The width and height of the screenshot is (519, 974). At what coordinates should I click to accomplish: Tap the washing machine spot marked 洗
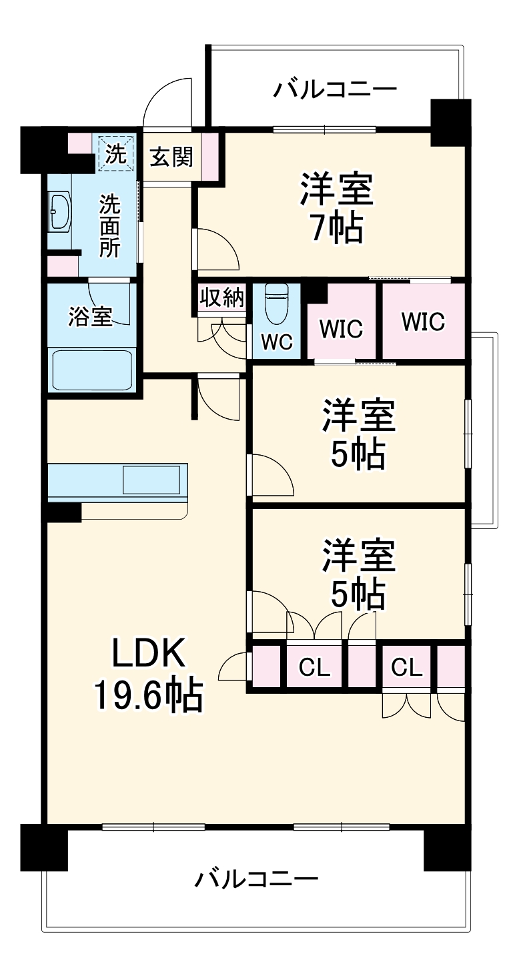point(115,154)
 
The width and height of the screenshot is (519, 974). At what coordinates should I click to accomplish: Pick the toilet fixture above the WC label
point(276,304)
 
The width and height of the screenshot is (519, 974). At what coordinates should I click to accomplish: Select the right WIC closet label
point(423,322)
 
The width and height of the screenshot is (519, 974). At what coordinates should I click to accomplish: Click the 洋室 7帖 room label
point(336,208)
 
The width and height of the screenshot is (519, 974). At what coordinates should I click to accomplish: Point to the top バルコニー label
point(335,89)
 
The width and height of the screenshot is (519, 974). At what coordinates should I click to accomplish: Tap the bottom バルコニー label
point(256,879)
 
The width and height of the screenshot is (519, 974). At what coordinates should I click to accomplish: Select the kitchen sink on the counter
point(151,479)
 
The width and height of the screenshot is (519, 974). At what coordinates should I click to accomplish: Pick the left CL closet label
point(315,667)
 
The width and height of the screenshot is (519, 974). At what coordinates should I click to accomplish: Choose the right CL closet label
point(408,667)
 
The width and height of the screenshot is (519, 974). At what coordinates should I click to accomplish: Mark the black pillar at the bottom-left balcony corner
point(44,847)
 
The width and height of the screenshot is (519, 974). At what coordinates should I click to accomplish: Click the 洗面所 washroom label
point(109,227)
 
